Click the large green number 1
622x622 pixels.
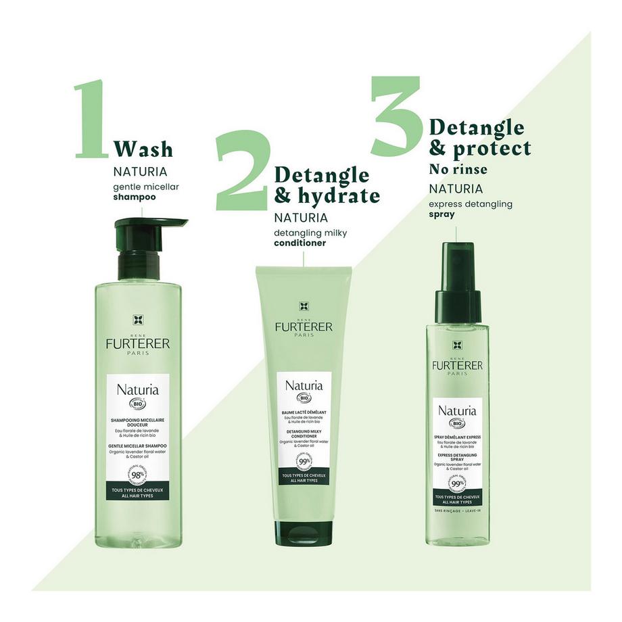pos(92,120)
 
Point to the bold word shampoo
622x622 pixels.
pos(134,197)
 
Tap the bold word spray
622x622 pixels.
pos(441,214)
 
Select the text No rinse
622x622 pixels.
pos(458,168)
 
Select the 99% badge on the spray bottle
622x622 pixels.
pos(457,483)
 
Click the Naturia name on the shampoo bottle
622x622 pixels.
pos(137,390)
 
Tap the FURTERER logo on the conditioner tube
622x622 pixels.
pos(303,327)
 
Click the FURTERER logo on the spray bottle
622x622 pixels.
pos(457,365)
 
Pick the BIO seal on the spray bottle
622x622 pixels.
pos(457,424)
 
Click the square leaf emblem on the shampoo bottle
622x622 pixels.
pos(137,320)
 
